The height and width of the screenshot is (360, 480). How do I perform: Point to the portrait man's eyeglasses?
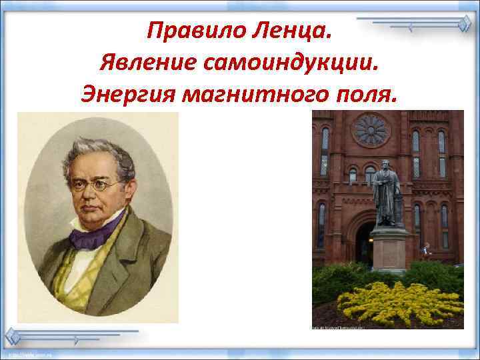97,184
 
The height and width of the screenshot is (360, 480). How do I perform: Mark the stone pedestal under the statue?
389,250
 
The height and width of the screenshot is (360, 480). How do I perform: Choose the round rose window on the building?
371,129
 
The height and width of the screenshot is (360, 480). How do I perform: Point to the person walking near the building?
426,251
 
